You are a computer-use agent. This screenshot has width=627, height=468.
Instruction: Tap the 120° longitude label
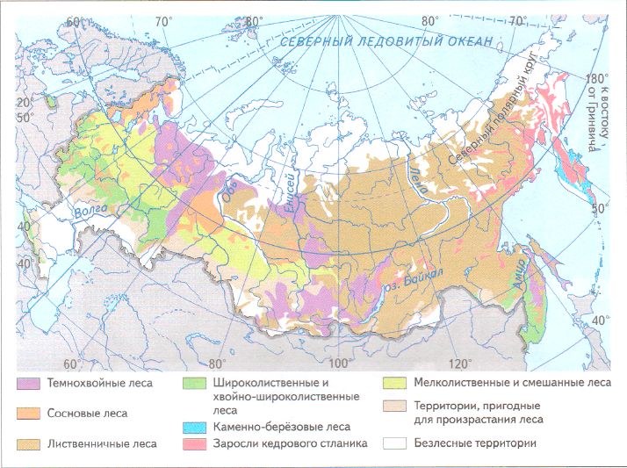459,363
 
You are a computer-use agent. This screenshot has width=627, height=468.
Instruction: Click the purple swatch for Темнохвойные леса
28,384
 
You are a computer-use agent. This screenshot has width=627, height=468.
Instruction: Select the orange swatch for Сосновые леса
28,414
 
